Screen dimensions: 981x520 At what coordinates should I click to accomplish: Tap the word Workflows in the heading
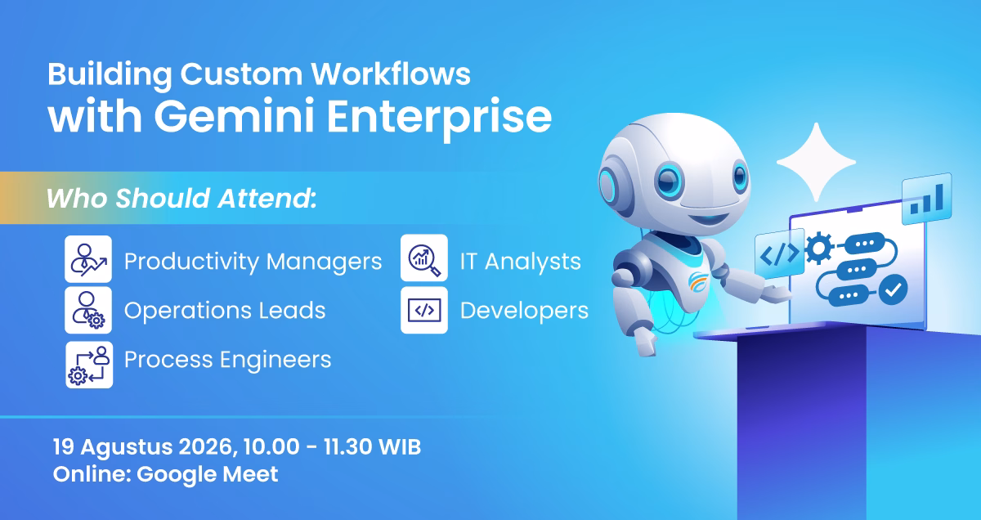tap(391, 74)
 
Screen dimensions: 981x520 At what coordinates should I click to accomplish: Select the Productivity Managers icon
tap(88, 259)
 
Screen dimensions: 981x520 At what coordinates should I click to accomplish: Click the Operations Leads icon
tap(88, 310)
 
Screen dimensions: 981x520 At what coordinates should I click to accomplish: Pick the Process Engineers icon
tap(89, 365)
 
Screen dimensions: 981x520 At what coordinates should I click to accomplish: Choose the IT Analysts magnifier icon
tap(424, 258)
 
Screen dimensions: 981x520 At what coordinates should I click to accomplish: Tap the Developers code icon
tap(424, 310)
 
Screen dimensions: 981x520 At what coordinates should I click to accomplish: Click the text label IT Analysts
tap(520, 262)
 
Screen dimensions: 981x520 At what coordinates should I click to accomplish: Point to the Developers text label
tap(524, 311)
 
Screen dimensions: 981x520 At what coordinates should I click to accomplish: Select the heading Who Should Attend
tap(181, 198)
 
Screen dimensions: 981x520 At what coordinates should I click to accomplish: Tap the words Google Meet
tap(207, 474)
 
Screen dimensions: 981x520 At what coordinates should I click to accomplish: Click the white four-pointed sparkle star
tap(816, 162)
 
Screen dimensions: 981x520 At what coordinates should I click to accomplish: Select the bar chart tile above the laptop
tap(927, 199)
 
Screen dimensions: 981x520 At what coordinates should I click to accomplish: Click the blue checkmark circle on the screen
tap(893, 289)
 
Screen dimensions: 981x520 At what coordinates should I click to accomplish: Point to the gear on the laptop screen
tap(819, 249)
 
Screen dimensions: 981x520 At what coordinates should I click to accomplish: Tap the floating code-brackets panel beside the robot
tap(780, 253)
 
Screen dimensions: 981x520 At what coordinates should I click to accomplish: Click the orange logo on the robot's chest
tap(698, 282)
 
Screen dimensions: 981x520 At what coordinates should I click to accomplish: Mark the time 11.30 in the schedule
tap(348, 447)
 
